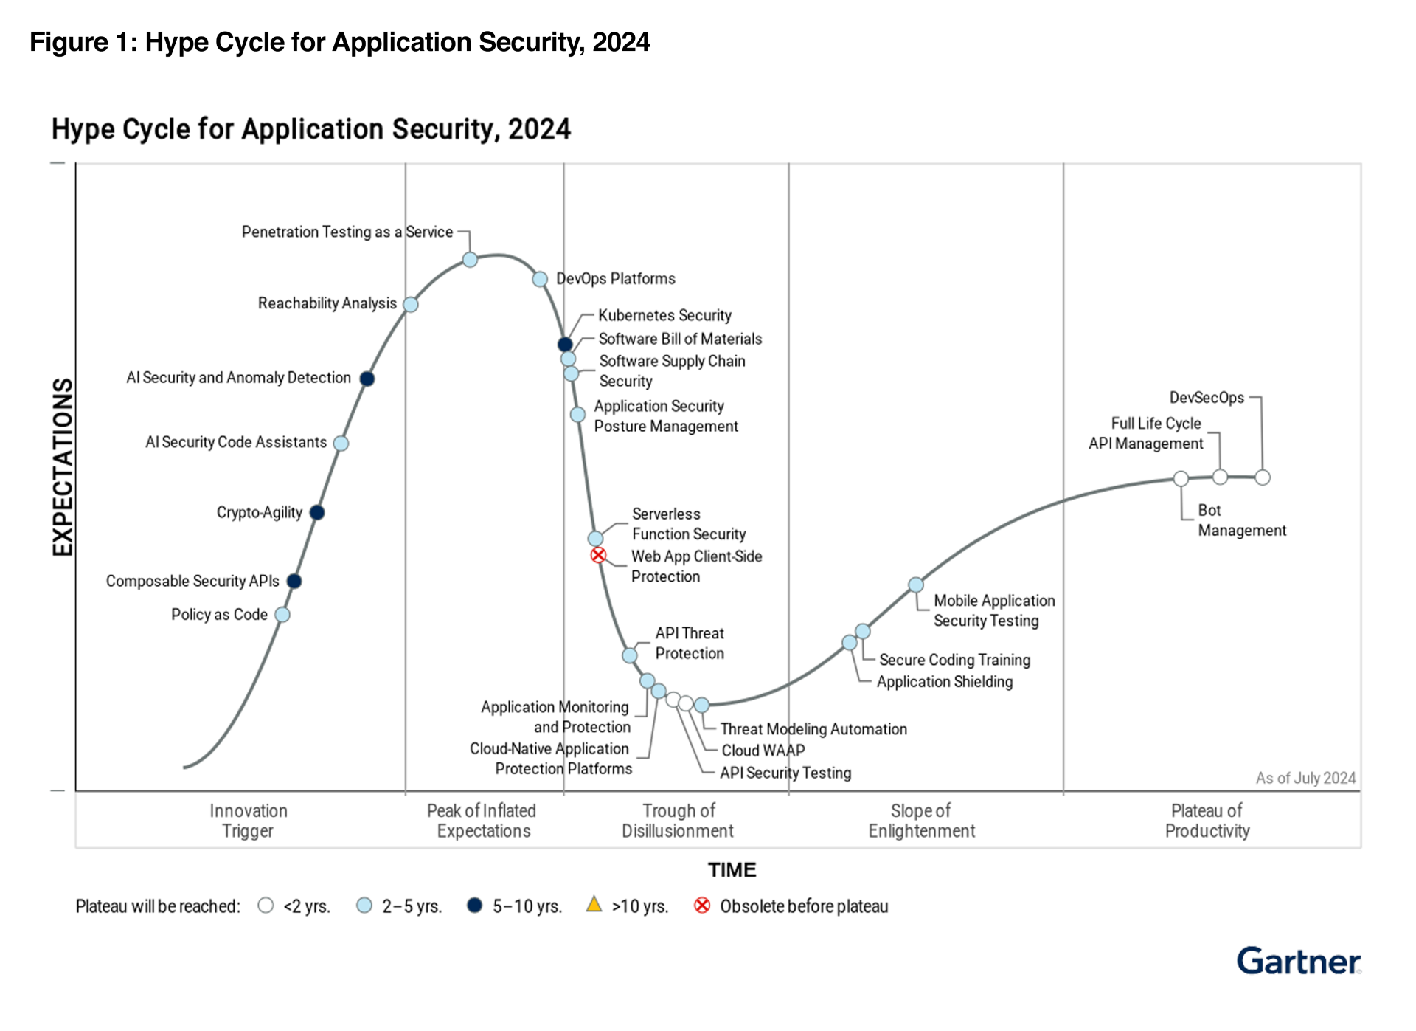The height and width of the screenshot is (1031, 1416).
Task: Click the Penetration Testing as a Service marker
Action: click(470, 260)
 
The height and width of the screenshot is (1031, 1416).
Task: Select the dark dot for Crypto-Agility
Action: click(317, 512)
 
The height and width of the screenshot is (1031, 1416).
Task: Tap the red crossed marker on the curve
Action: click(598, 555)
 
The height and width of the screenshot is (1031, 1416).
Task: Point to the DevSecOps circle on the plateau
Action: click(1263, 477)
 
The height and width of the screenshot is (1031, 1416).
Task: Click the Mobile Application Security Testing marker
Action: click(915, 585)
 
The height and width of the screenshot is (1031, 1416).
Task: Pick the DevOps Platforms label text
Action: click(615, 279)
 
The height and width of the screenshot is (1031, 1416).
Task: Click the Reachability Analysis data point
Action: click(411, 304)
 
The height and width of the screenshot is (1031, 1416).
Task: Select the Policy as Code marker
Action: click(282, 615)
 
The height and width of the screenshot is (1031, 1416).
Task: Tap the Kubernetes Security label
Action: click(664, 316)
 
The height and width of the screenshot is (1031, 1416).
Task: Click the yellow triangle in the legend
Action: click(594, 905)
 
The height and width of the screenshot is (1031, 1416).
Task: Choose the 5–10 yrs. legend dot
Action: click(475, 906)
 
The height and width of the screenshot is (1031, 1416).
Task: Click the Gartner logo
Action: click(1298, 962)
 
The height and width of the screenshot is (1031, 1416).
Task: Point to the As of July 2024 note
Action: click(1305, 778)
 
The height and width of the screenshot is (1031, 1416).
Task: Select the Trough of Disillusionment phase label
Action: click(678, 821)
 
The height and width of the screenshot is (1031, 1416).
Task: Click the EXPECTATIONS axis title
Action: click(63, 467)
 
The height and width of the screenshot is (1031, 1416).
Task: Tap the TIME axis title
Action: click(732, 870)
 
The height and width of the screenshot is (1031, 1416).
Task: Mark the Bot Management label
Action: click(1241, 520)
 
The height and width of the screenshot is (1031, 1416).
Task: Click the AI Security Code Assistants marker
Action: click(341, 443)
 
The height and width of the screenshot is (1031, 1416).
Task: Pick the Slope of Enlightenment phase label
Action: click(921, 821)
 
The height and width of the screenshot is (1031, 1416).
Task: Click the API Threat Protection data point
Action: click(629, 655)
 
